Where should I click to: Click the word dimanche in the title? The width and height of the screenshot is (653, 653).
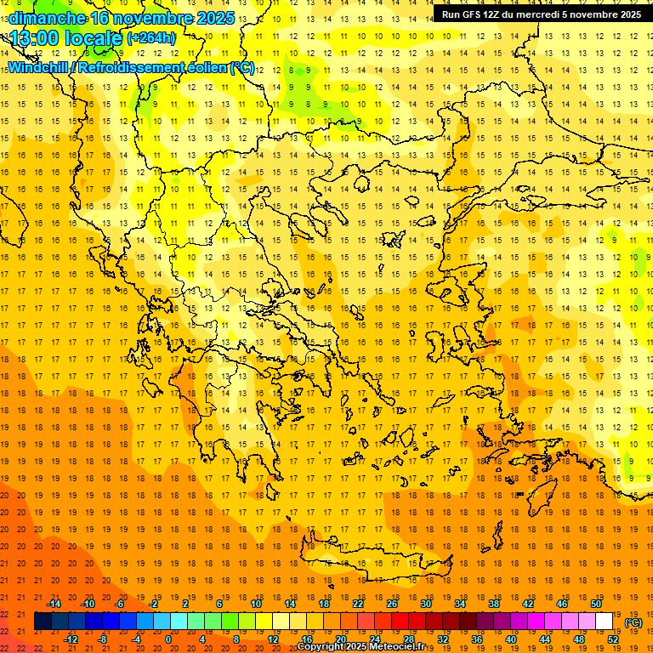tap(47, 18)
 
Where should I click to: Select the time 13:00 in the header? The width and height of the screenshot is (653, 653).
tap(37, 37)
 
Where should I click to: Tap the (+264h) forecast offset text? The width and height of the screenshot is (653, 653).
tap(151, 37)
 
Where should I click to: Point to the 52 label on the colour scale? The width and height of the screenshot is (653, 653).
tap(614, 639)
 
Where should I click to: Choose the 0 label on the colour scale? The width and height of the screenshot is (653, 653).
tap(168, 639)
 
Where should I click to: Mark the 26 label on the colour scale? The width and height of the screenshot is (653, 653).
tap(392, 604)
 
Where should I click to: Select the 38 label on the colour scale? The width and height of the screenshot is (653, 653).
tap(494, 604)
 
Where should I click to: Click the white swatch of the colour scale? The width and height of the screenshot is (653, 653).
tap(605, 622)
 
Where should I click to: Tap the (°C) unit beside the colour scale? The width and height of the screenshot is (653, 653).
tap(633, 622)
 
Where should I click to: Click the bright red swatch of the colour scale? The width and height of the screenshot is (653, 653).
tap(400, 622)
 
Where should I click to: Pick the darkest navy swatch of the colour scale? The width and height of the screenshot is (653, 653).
tap(43, 622)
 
